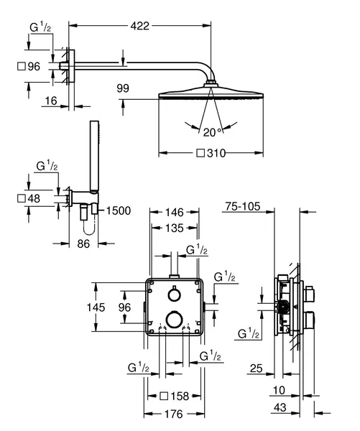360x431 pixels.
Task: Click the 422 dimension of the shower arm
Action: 139,26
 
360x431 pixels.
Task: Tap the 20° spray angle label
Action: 212,132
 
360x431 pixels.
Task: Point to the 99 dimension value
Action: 123,88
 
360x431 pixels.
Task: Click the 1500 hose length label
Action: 119,210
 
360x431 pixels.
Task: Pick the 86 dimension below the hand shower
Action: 83,244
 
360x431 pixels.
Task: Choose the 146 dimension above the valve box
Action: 174,212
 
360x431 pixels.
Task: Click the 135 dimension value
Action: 175,228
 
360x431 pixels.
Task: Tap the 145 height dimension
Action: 96,307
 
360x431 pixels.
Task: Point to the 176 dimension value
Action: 174,414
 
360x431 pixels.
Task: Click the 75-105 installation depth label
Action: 243,206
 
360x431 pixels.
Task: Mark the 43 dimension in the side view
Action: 280,407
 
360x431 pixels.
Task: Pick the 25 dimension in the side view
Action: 256,369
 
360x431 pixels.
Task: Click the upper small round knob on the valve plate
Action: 174,295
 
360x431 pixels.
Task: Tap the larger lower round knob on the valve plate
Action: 175,320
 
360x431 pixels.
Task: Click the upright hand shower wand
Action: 94,156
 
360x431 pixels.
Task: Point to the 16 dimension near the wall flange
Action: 51,101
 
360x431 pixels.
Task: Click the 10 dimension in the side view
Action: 279,390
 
